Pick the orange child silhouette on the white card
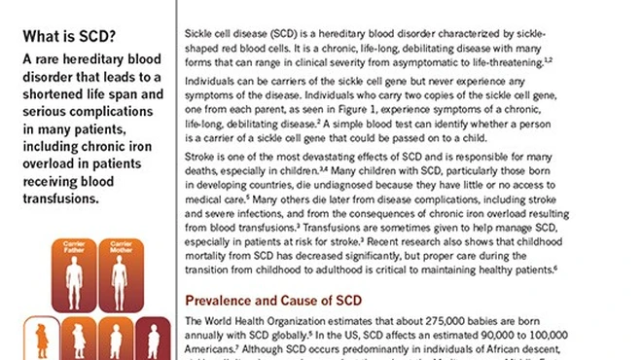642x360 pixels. click(x=42, y=341)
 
